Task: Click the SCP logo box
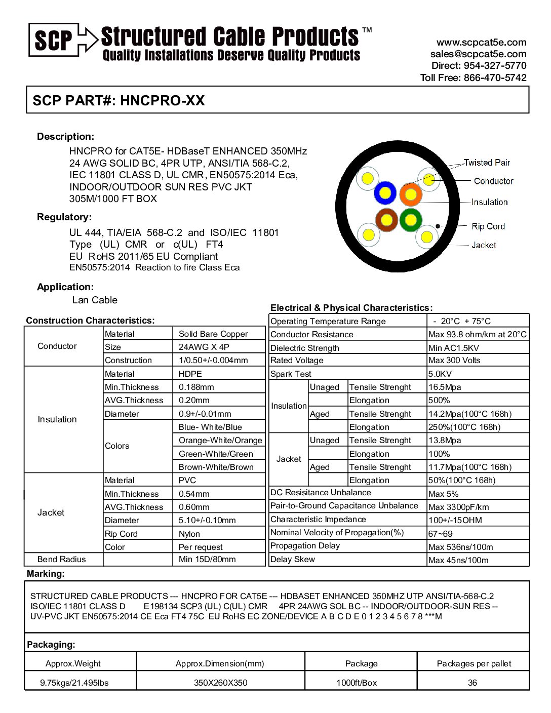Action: point(54,39)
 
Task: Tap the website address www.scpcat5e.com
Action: point(481,43)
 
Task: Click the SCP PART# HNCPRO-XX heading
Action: point(119,100)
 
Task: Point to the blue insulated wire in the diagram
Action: point(385,193)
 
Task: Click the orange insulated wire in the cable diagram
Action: point(411,194)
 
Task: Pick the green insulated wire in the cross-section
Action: point(411,220)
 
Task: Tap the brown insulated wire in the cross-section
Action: point(386,220)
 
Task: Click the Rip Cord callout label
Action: point(488,226)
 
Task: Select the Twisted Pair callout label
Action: point(487,163)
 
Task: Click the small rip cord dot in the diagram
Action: point(438,226)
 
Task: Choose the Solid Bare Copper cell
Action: point(213,334)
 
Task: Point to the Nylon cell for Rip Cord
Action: point(189,534)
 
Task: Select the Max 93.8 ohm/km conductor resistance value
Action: point(477,334)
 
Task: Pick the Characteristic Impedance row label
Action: point(318,519)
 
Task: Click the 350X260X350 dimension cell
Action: point(220,683)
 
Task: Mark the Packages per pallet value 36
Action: point(473,683)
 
